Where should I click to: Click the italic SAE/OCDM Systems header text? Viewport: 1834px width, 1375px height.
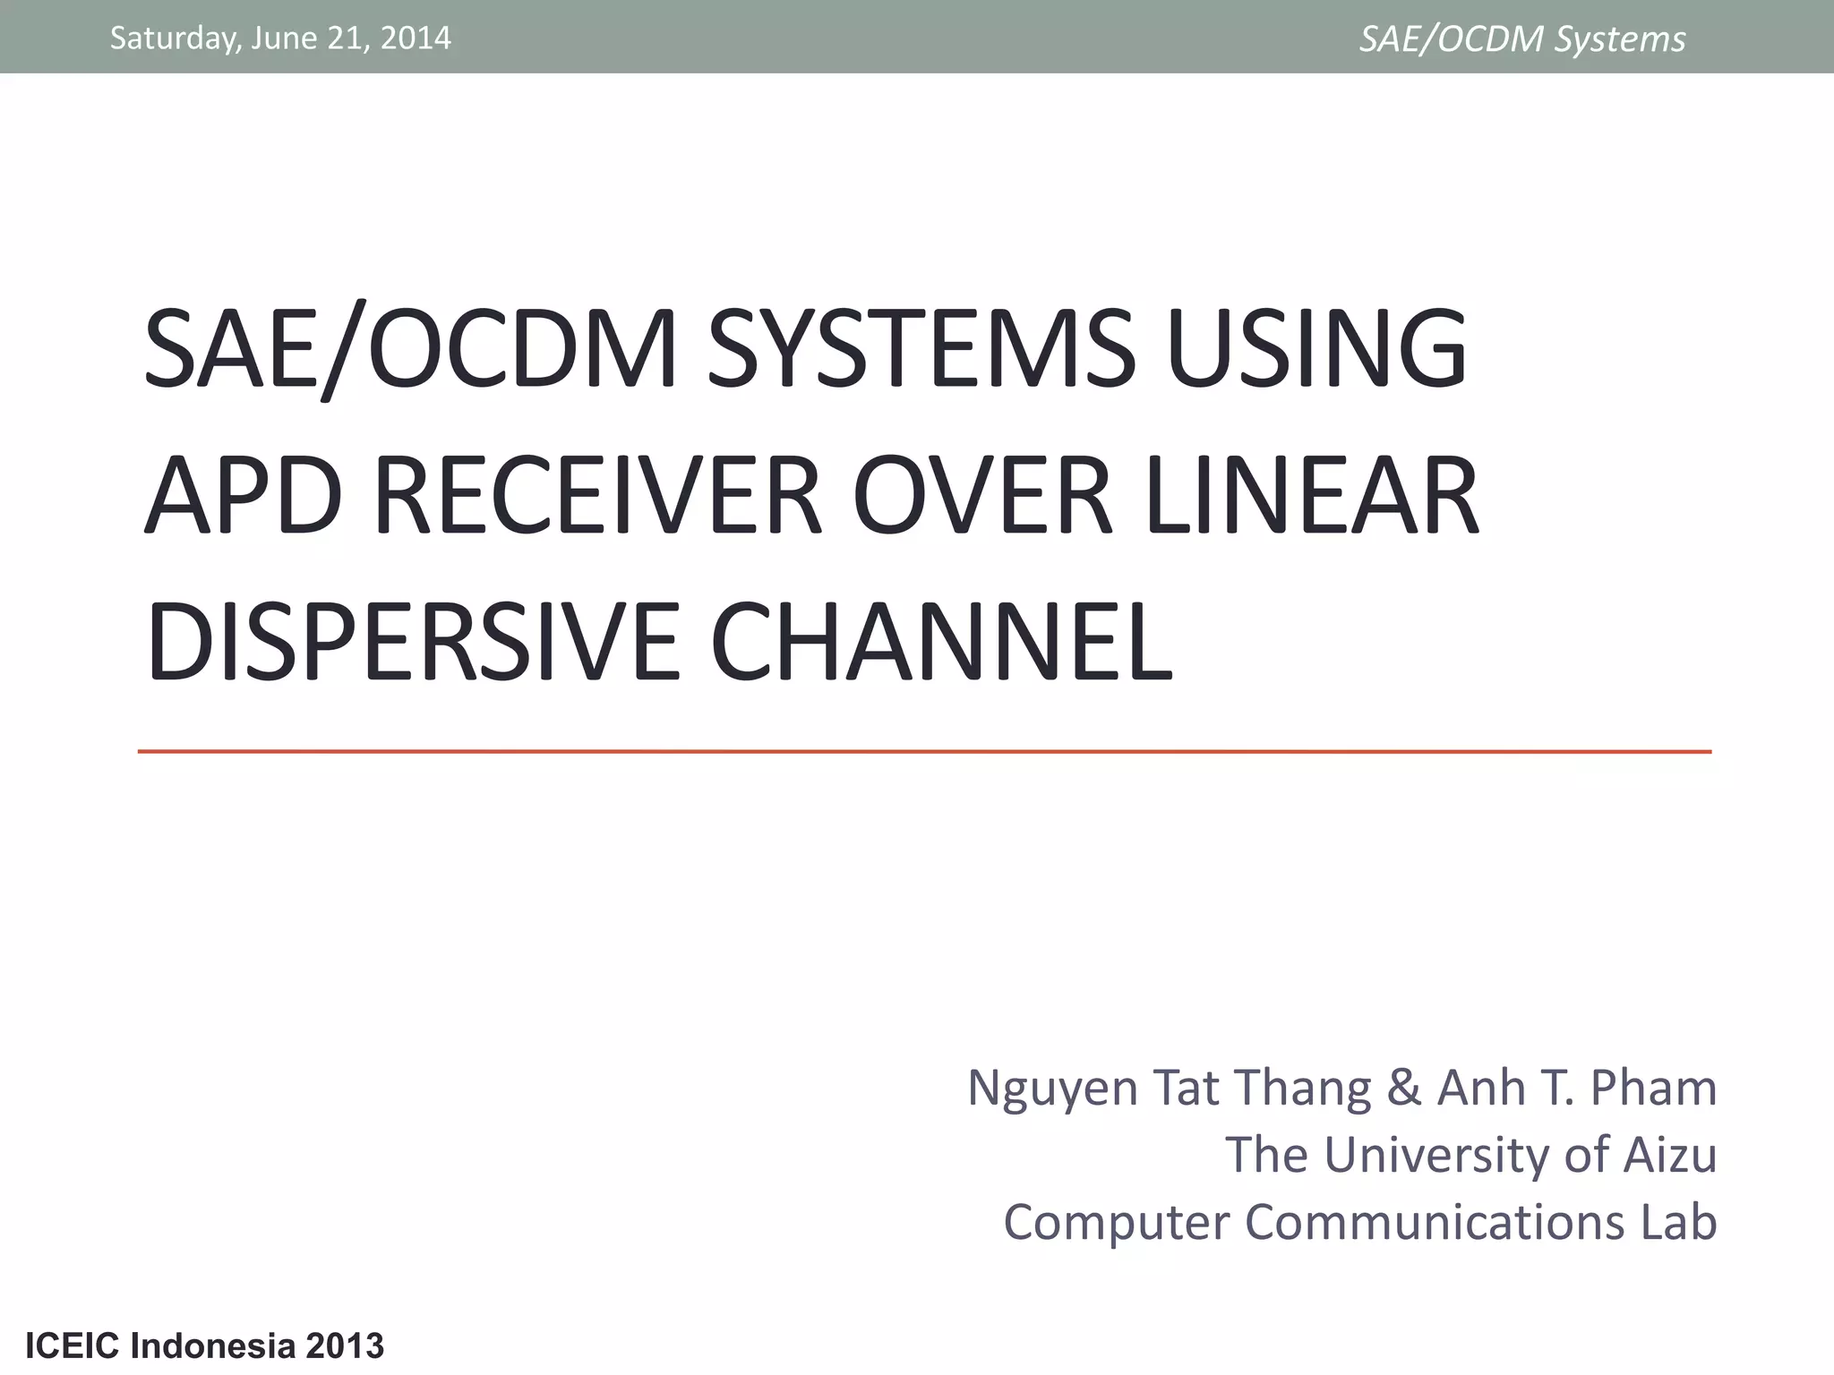[1521, 39]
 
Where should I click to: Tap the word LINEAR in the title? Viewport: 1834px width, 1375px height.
[1311, 496]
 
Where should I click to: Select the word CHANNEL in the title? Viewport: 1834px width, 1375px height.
[941, 643]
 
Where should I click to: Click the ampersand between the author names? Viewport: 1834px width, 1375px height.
[1403, 1089]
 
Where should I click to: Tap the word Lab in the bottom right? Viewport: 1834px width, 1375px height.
[1678, 1222]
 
